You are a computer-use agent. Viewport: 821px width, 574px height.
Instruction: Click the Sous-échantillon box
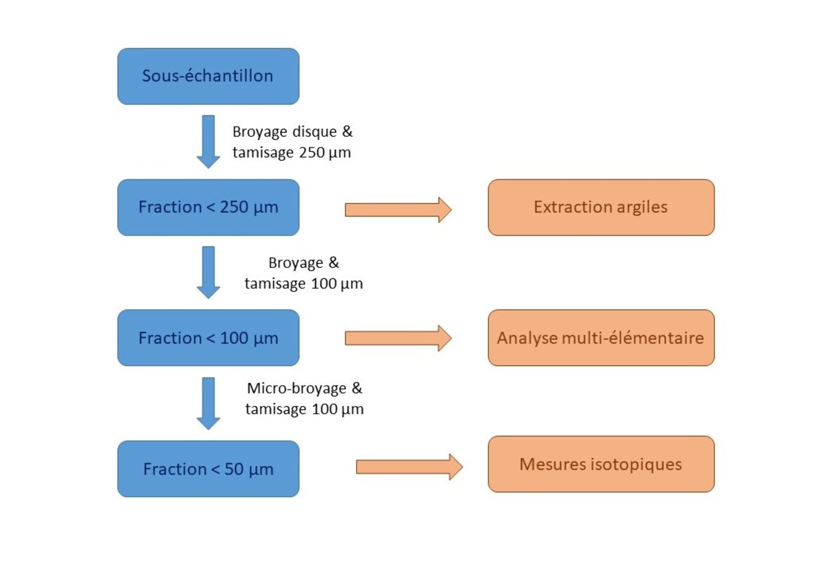pyautogui.click(x=208, y=76)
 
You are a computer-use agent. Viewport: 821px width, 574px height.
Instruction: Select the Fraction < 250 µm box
pyautogui.click(x=208, y=207)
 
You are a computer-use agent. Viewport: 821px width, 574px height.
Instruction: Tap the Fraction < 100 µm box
pyautogui.click(x=208, y=338)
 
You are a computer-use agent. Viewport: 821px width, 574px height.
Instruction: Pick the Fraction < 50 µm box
pyautogui.click(x=208, y=469)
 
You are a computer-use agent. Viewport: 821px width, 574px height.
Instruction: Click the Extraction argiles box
pyautogui.click(x=601, y=207)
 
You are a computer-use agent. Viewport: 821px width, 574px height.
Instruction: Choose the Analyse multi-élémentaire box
pyautogui.click(x=601, y=338)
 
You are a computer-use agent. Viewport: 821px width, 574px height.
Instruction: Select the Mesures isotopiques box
pyautogui.click(x=601, y=464)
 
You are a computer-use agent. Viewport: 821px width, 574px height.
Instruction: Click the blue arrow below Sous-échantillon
pyautogui.click(x=208, y=141)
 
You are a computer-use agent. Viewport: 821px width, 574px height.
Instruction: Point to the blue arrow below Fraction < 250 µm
pyautogui.click(x=208, y=272)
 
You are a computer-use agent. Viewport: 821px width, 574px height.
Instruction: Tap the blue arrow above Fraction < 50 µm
pyautogui.click(x=208, y=403)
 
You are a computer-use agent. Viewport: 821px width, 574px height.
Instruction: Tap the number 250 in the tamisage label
pyautogui.click(x=312, y=153)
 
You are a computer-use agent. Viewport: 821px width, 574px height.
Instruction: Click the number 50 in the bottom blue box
pyautogui.click(x=234, y=469)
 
